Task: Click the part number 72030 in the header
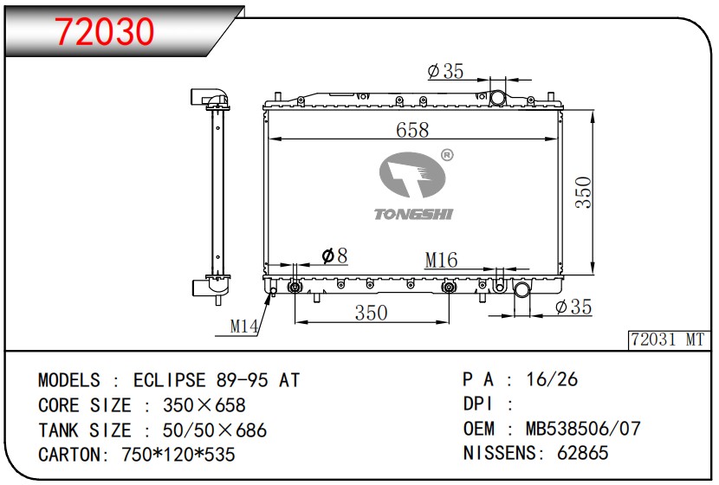pyautogui.click(x=105, y=31)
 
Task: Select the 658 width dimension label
pyautogui.click(x=412, y=129)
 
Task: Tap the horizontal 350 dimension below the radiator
pyautogui.click(x=371, y=313)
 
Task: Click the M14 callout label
pyautogui.click(x=244, y=327)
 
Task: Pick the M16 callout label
pyautogui.click(x=441, y=260)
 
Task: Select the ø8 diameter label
pyautogui.click(x=334, y=255)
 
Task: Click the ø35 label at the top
pyautogui.click(x=445, y=72)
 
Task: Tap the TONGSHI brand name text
pyautogui.click(x=413, y=214)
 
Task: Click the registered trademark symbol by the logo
pyautogui.click(x=447, y=155)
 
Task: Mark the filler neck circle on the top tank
pyautogui.click(x=497, y=98)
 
